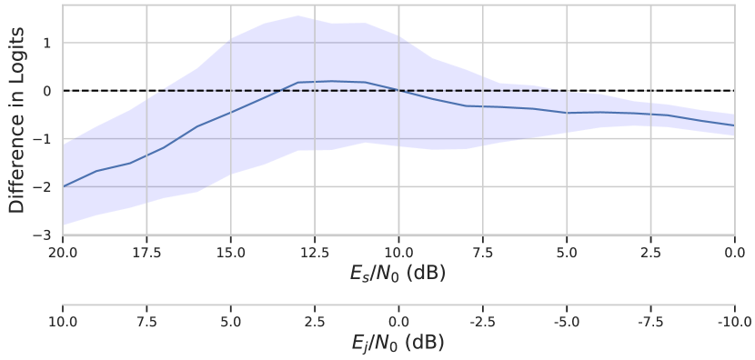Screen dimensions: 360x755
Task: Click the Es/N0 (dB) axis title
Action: (x=398, y=273)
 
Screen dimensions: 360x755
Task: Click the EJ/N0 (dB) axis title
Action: (x=398, y=343)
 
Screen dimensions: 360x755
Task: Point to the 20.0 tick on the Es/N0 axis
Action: (x=62, y=251)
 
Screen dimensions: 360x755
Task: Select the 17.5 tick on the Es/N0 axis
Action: (x=146, y=251)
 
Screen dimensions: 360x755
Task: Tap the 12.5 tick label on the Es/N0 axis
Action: (x=314, y=251)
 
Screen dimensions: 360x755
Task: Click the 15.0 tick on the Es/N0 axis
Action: (x=230, y=251)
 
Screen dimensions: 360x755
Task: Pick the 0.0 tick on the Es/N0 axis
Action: (x=734, y=251)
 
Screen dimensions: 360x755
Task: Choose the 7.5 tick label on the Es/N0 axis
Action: (x=482, y=251)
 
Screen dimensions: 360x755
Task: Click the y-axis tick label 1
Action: (x=46, y=44)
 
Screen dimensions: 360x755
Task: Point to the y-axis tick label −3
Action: (x=43, y=235)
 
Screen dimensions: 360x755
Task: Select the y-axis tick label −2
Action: (x=43, y=187)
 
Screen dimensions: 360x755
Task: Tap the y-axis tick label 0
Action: (x=46, y=92)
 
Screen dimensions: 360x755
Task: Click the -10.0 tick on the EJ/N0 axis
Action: (x=734, y=321)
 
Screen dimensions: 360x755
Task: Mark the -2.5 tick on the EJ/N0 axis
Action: (x=482, y=321)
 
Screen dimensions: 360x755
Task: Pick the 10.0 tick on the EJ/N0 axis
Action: (x=62, y=321)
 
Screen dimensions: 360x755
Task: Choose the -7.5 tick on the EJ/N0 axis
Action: (x=650, y=321)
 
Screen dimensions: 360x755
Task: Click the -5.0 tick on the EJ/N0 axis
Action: (x=566, y=321)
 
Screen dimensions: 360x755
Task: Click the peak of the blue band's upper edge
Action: (x=297, y=15)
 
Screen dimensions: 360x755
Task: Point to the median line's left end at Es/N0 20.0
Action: (x=63, y=187)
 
